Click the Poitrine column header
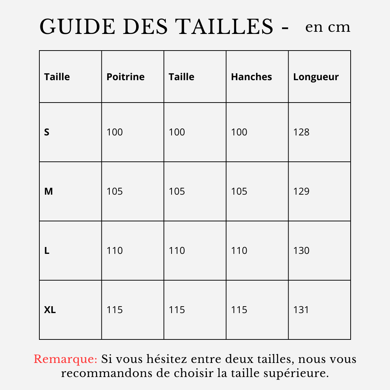125,77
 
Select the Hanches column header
251,77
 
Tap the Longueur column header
316,77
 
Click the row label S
47,132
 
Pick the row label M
48,191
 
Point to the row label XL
50,310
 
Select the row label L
47,251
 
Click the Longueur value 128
301,132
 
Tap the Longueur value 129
301,191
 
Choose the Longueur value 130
301,251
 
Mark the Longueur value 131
301,310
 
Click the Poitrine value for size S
114,132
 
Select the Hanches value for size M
239,191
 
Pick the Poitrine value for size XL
114,310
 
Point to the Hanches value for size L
239,251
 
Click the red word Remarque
65,360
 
